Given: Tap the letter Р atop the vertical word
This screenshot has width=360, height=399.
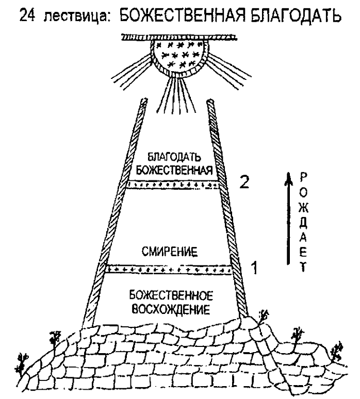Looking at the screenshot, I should pyautogui.click(x=303, y=177).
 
